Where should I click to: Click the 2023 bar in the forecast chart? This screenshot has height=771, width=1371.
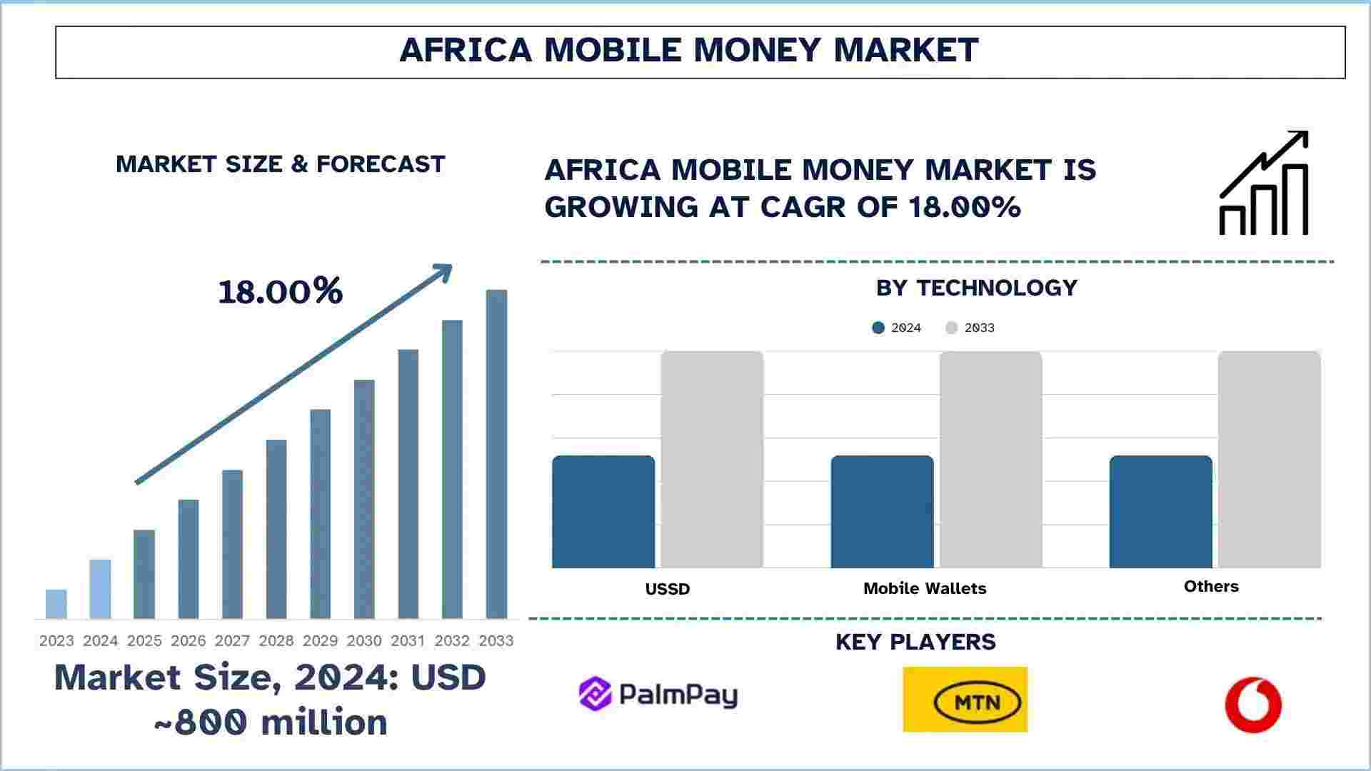[56, 604]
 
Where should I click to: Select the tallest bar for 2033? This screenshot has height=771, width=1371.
[496, 454]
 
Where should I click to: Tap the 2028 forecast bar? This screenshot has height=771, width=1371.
[276, 529]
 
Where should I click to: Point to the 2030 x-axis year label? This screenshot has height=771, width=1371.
[364, 641]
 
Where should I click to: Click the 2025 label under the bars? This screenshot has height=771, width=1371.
[144, 641]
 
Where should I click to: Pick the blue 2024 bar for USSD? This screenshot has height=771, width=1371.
[603, 512]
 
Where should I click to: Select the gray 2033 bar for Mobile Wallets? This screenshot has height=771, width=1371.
[991, 460]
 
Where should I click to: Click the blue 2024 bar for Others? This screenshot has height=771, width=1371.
[1161, 512]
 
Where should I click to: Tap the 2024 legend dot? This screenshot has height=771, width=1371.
[878, 328]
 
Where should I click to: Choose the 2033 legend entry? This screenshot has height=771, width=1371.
[970, 328]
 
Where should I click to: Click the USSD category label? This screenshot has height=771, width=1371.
[668, 589]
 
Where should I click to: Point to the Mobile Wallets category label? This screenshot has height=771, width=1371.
[925, 588]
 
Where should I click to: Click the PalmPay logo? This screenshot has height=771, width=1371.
[658, 695]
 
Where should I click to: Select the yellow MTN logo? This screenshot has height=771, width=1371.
[965, 700]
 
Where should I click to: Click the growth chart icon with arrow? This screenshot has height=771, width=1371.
[1264, 183]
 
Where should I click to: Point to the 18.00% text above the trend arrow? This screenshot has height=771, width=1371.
[280, 291]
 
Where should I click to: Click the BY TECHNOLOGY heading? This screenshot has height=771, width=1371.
[977, 288]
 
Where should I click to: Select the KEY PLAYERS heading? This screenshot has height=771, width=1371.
[915, 642]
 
